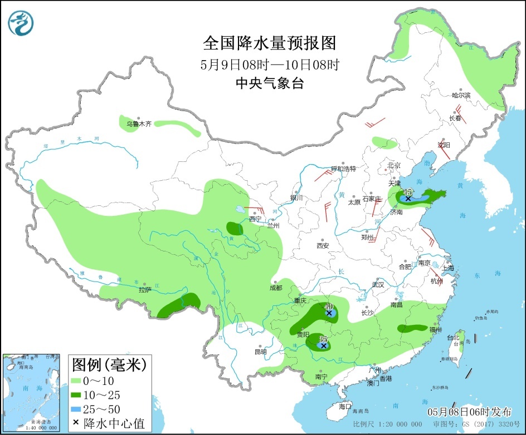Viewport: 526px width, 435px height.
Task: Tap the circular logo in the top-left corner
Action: click(21, 23)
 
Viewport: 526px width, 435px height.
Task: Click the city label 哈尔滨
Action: click(461, 96)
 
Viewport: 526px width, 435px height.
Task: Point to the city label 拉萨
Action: click(145, 289)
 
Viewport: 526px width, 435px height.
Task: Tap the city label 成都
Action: click(275, 288)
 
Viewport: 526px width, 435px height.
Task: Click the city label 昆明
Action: click(260, 352)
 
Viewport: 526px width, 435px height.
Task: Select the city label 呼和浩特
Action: click(343, 169)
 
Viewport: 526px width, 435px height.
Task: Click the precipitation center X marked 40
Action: click(329, 313)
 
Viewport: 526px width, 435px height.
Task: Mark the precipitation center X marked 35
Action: click(323, 345)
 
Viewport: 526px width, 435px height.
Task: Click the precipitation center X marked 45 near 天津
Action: click(408, 198)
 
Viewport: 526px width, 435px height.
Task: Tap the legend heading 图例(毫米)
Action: click(109, 365)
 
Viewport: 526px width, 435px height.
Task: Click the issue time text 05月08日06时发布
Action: click(469, 412)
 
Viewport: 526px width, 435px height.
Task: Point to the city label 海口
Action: click(345, 407)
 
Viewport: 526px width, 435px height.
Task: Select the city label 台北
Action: click(452, 338)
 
